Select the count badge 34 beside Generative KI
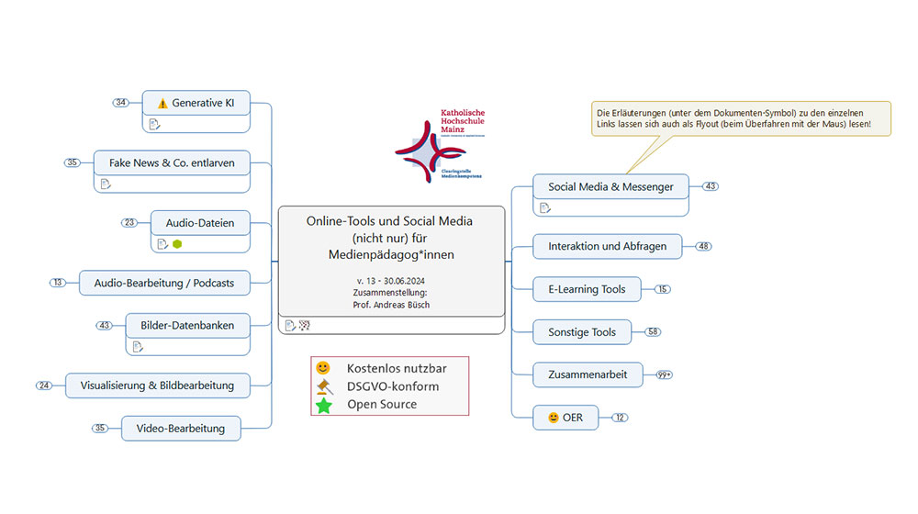tap(121, 103)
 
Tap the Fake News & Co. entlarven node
tap(172, 162)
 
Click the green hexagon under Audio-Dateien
tap(177, 244)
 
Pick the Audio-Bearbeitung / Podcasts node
tap(163, 283)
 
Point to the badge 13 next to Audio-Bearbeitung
tap(58, 283)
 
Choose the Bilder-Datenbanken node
tap(187, 325)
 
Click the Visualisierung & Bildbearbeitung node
tap(157, 385)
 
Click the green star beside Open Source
tap(324, 405)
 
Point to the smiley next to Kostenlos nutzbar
tap(323, 368)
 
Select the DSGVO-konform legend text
tap(393, 386)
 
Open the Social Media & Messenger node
tap(610, 186)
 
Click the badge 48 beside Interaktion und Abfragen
tap(704, 246)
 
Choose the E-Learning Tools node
tap(587, 289)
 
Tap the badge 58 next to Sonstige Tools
tap(653, 331)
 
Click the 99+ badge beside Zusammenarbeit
tap(665, 374)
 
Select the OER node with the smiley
tap(565, 418)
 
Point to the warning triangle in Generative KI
tap(162, 103)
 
